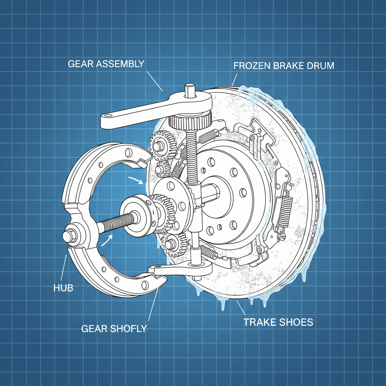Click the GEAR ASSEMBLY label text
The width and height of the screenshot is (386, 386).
coord(106,63)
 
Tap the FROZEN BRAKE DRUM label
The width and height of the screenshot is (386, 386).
coord(283,66)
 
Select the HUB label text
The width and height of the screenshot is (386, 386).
coord(62,289)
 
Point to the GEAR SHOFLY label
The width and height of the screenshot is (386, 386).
coord(114,328)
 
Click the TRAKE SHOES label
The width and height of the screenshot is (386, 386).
coord(278,322)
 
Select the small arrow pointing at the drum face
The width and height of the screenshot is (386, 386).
coord(136,180)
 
